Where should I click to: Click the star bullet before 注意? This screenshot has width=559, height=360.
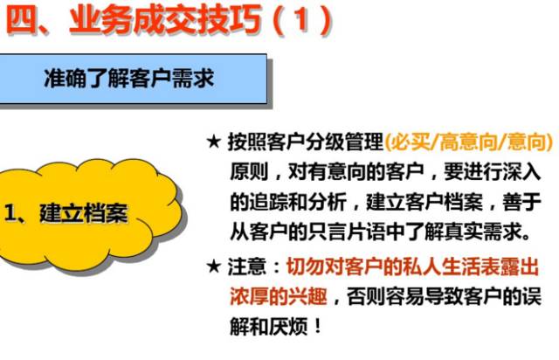pyautogui.click(x=213, y=266)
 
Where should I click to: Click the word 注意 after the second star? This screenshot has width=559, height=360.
pyautogui.click(x=248, y=266)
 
